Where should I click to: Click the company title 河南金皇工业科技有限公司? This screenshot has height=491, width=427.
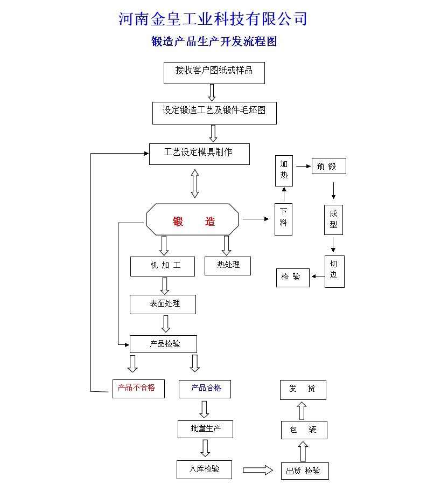click(x=213, y=19)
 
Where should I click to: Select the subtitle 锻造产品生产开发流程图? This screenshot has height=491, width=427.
click(x=214, y=42)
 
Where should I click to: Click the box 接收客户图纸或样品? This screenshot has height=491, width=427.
click(x=214, y=73)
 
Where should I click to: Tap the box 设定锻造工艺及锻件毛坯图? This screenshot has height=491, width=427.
click(x=214, y=113)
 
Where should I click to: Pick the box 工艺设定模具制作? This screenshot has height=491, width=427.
click(x=199, y=154)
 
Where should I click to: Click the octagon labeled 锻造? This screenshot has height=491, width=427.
click(x=193, y=219)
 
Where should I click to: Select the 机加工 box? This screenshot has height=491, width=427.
click(x=162, y=266)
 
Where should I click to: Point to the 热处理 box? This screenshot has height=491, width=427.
click(x=227, y=266)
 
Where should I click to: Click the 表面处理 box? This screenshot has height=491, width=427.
click(x=163, y=304)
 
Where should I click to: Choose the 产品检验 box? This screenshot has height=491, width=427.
click(x=163, y=344)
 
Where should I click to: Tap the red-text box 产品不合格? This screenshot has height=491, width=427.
click(x=138, y=389)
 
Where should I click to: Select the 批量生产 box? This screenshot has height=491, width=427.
click(x=205, y=429)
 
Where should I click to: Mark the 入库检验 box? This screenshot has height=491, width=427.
click(x=205, y=469)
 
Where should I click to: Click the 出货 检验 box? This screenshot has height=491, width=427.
click(x=304, y=471)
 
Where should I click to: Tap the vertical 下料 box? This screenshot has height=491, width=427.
click(x=283, y=219)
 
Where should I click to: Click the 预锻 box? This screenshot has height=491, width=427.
click(x=328, y=166)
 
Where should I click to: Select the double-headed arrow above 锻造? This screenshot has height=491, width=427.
click(x=195, y=184)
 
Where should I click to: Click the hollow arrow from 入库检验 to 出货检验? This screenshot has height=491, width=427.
click(x=257, y=470)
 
